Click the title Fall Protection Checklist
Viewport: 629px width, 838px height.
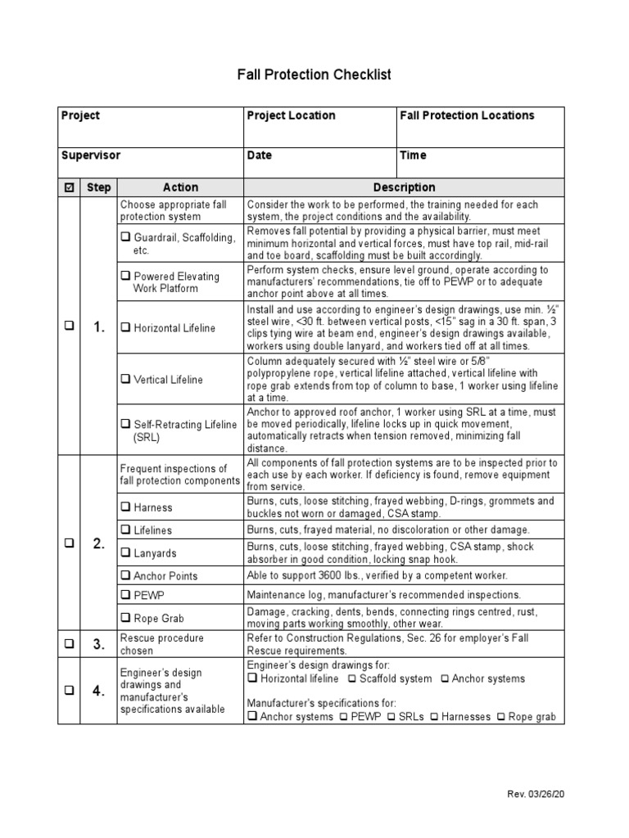(314, 75)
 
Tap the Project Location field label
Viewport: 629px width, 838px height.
(291, 115)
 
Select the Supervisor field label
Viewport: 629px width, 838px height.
(91, 155)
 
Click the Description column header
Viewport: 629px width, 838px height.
(404, 187)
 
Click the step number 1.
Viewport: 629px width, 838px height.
(98, 328)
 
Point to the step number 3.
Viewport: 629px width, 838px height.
(98, 645)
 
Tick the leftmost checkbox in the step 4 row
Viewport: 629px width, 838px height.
(69, 691)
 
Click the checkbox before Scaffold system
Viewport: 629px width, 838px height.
(352, 679)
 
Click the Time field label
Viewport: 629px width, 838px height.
(414, 155)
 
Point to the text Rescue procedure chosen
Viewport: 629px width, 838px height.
(161, 644)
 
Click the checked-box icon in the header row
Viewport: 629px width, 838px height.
(69, 188)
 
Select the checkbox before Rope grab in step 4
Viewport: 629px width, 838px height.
(500, 717)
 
